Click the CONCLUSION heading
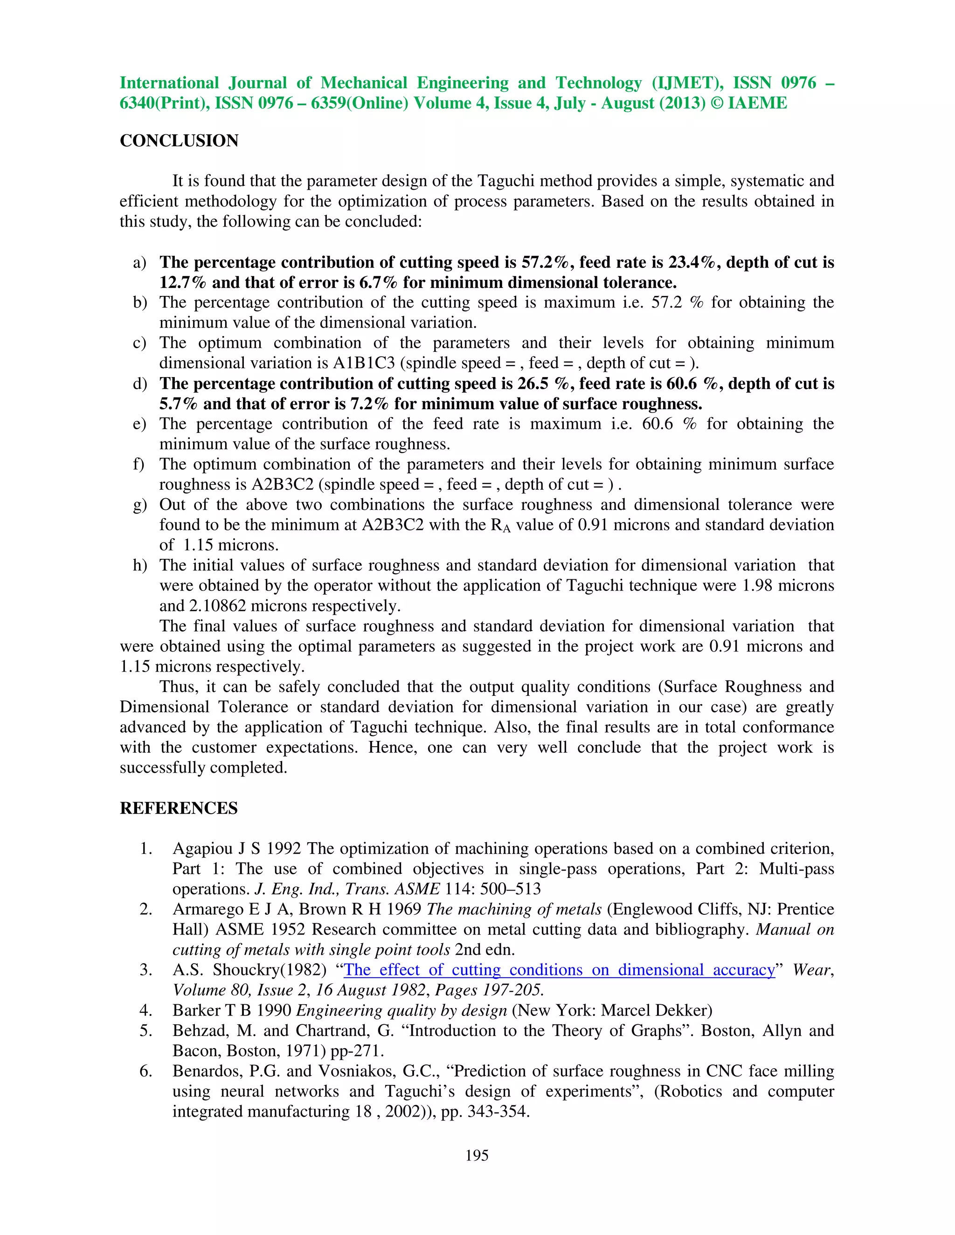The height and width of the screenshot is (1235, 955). point(179,141)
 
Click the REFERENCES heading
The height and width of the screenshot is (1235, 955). point(178,808)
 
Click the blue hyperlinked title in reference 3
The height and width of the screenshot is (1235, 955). point(559,970)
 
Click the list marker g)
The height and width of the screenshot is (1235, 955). point(140,505)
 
